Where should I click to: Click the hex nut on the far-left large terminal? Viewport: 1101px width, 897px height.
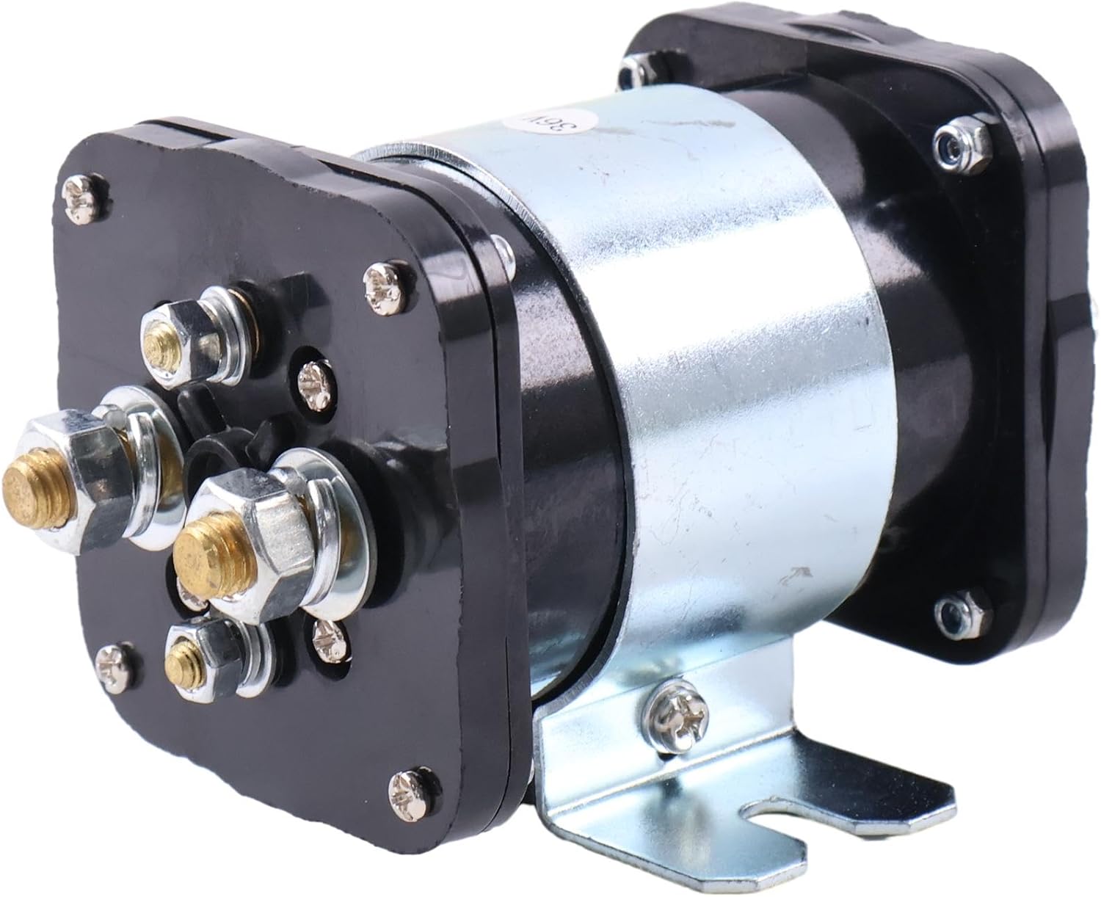click(81, 484)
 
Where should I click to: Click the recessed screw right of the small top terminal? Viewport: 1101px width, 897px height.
click(313, 379)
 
